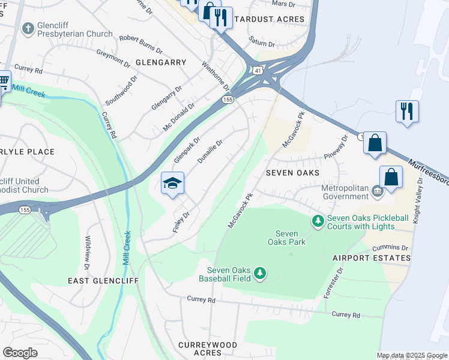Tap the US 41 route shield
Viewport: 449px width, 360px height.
[257, 70]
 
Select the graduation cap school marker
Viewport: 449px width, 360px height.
[172, 183]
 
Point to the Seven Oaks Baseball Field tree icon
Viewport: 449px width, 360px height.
[259, 274]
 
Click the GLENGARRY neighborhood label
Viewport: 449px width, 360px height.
[161, 62]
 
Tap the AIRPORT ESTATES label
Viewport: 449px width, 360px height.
[372, 258]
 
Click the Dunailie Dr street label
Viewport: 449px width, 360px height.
[210, 152]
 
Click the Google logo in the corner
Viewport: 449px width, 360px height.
[20, 353]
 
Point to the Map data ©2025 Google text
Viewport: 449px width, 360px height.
[411, 355]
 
